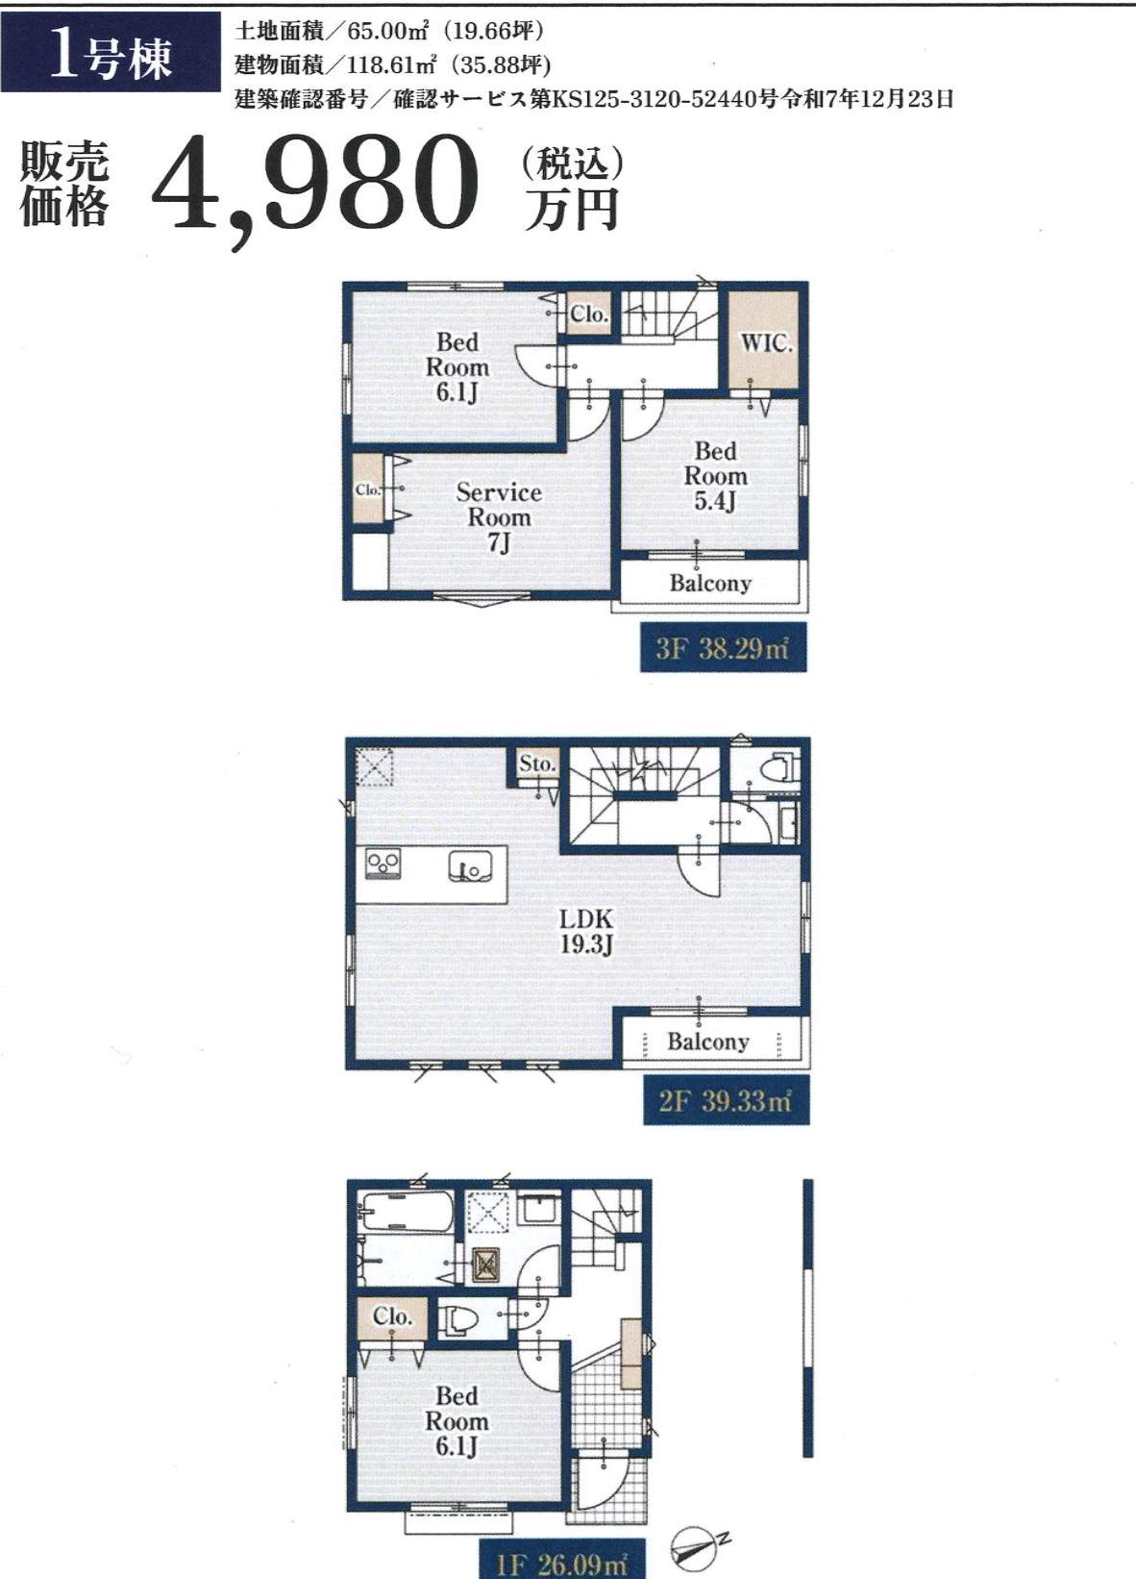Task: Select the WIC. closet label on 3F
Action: click(x=766, y=343)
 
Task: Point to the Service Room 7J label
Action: click(x=499, y=518)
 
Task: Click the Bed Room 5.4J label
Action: click(x=715, y=477)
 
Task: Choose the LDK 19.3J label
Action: click(x=585, y=931)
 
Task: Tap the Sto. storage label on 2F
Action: click(x=537, y=764)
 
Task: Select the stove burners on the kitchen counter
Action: click(x=383, y=865)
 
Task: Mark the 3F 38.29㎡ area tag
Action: click(x=723, y=648)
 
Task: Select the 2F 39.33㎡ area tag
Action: click(x=726, y=1100)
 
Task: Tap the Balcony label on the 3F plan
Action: click(x=710, y=584)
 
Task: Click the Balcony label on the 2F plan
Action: click(x=708, y=1041)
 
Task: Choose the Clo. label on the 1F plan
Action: click(x=392, y=1316)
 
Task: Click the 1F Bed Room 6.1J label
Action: click(x=457, y=1421)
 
